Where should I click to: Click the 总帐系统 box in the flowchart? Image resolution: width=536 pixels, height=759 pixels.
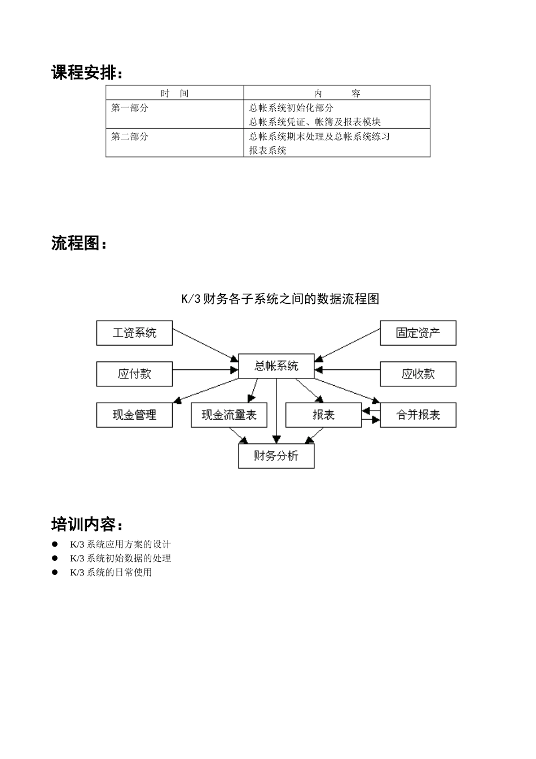pos(276,366)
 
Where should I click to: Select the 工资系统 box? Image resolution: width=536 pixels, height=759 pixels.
pos(134,333)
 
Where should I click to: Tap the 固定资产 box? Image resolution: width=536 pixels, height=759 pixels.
pos(418,333)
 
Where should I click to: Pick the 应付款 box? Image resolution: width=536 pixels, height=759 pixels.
pos(134,374)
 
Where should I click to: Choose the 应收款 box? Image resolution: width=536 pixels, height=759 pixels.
pos(418,374)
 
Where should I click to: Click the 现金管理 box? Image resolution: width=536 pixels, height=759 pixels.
pos(134,415)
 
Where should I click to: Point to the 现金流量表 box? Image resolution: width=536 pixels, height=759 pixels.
pos(229,415)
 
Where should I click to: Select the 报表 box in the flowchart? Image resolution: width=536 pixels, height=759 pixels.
pos(323,415)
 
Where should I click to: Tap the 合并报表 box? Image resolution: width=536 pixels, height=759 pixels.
pos(418,415)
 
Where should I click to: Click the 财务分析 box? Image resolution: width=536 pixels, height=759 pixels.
pos(276,456)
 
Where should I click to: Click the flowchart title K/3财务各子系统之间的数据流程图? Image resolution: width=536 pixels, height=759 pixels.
pos(280,299)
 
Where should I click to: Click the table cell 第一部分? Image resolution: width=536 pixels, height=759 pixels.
pos(130,108)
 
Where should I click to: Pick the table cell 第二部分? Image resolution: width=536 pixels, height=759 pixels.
pos(130,137)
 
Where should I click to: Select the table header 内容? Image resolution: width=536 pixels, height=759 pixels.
pos(337,93)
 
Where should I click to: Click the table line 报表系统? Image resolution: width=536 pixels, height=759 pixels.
pos(268,151)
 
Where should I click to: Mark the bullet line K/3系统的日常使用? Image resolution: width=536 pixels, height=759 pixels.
pos(111,572)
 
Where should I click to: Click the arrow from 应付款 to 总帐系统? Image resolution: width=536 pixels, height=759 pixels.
pos(205,370)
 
